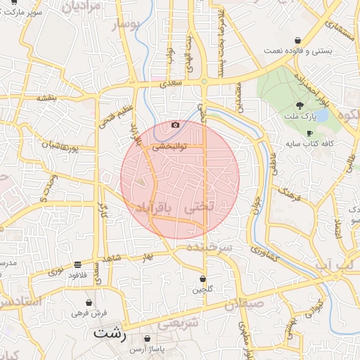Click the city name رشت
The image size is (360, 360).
point(110,333)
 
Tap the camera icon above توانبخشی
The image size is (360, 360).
point(175,125)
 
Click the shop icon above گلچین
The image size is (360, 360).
point(202,279)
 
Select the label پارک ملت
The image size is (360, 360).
point(301,115)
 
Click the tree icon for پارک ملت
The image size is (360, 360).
point(300,104)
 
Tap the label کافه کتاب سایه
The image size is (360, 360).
point(309,143)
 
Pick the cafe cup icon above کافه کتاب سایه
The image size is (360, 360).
point(309,133)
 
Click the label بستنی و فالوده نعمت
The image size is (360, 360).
point(300,51)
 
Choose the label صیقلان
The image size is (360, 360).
point(245,304)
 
